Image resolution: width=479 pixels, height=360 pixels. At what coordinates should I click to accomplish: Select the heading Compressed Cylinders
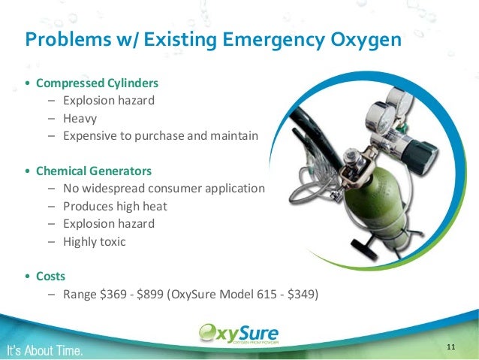(x=97, y=82)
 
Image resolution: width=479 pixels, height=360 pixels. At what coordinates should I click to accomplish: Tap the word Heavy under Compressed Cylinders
(x=81, y=118)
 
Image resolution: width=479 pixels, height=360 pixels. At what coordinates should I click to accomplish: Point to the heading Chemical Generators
(x=94, y=170)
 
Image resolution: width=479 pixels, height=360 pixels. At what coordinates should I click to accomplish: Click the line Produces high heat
(x=116, y=206)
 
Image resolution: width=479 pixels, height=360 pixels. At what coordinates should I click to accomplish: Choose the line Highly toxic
(x=95, y=241)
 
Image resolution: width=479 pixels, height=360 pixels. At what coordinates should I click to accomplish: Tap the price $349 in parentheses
(x=303, y=294)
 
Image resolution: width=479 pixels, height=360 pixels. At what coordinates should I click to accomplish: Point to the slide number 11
(x=450, y=346)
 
